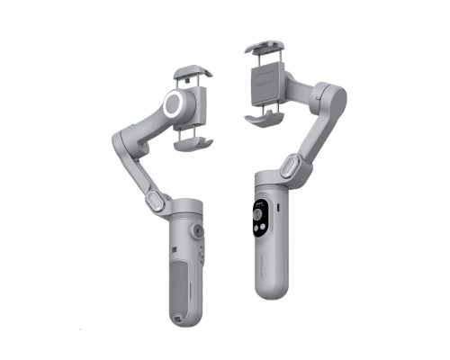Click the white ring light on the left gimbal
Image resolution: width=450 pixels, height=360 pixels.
174,106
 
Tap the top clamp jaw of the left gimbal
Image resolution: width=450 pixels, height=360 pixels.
192,72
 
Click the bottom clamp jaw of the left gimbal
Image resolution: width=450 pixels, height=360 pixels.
193,140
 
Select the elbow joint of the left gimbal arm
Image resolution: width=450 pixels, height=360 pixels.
123,142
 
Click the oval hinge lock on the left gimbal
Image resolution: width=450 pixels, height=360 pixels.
156,199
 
